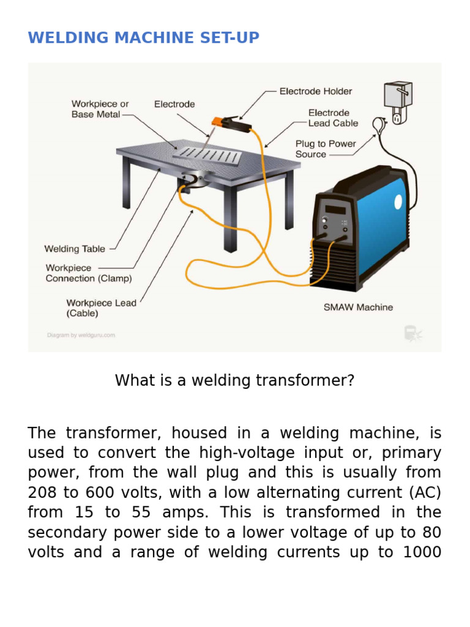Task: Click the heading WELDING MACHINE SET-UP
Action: [143, 38]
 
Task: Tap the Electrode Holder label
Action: [315, 91]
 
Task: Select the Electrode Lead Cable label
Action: [333, 118]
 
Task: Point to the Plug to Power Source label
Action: [325, 149]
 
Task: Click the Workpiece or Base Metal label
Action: [100, 109]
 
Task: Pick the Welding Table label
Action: [74, 249]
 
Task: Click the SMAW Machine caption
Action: [358, 307]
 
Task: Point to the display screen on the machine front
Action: [335, 210]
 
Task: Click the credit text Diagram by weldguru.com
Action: [81, 335]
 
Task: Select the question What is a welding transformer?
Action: [234, 380]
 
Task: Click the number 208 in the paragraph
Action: [44, 492]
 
